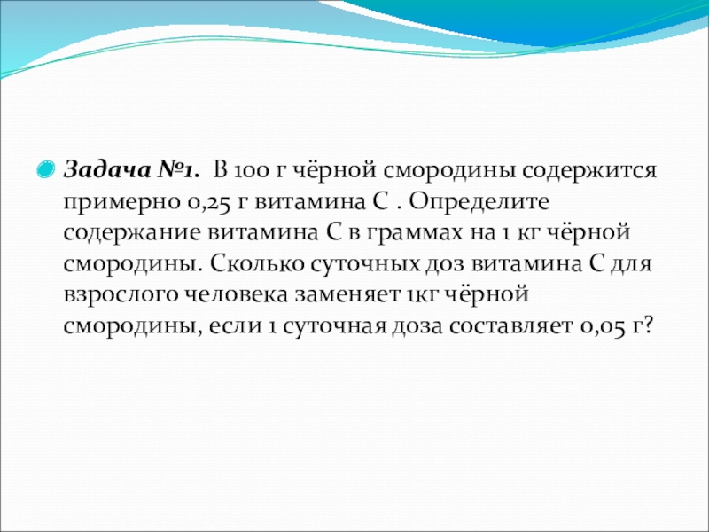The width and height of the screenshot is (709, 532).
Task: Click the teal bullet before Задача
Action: tap(45, 169)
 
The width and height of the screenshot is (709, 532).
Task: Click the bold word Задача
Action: tap(107, 170)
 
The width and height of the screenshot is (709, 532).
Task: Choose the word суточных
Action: tap(365, 265)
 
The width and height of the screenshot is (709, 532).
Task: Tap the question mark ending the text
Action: tap(650, 325)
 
